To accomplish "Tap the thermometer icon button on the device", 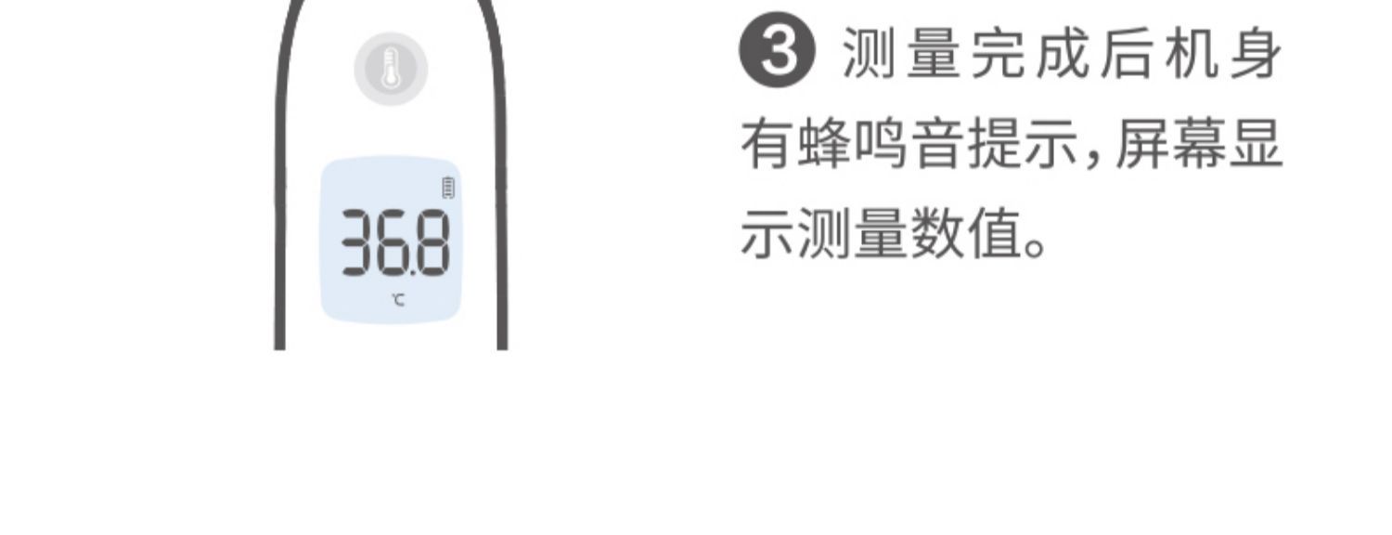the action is pyautogui.click(x=391, y=69).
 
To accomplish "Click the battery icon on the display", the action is pyautogui.click(x=448, y=188).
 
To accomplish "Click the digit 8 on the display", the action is pyautogui.click(x=432, y=243).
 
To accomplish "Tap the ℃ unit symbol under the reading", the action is pyautogui.click(x=397, y=299).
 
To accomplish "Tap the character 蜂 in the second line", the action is pyautogui.click(x=823, y=147).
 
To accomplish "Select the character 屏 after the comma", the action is pyautogui.click(x=1141, y=147).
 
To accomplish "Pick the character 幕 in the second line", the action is pyautogui.click(x=1199, y=147).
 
